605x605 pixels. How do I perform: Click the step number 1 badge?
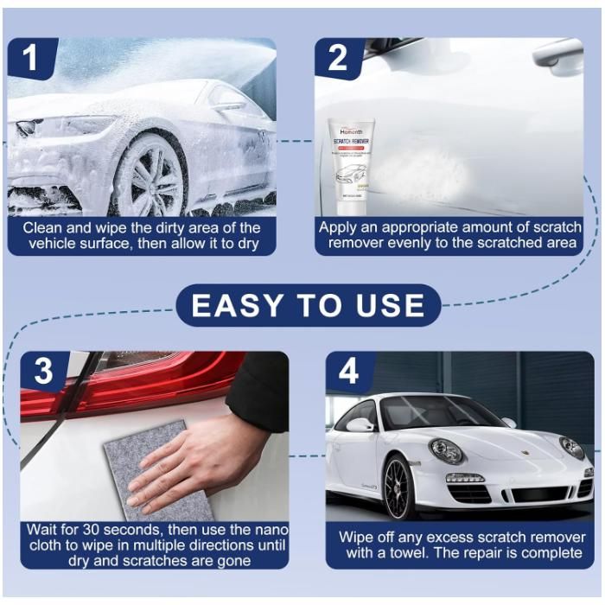tap(31, 59)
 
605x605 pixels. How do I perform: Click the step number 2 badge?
tap(337, 59)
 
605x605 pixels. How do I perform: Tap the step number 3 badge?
tap(43, 372)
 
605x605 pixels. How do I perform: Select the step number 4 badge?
tap(348, 372)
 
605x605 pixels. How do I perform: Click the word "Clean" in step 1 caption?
tap(43, 227)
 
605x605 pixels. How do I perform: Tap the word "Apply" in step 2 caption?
tap(340, 227)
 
